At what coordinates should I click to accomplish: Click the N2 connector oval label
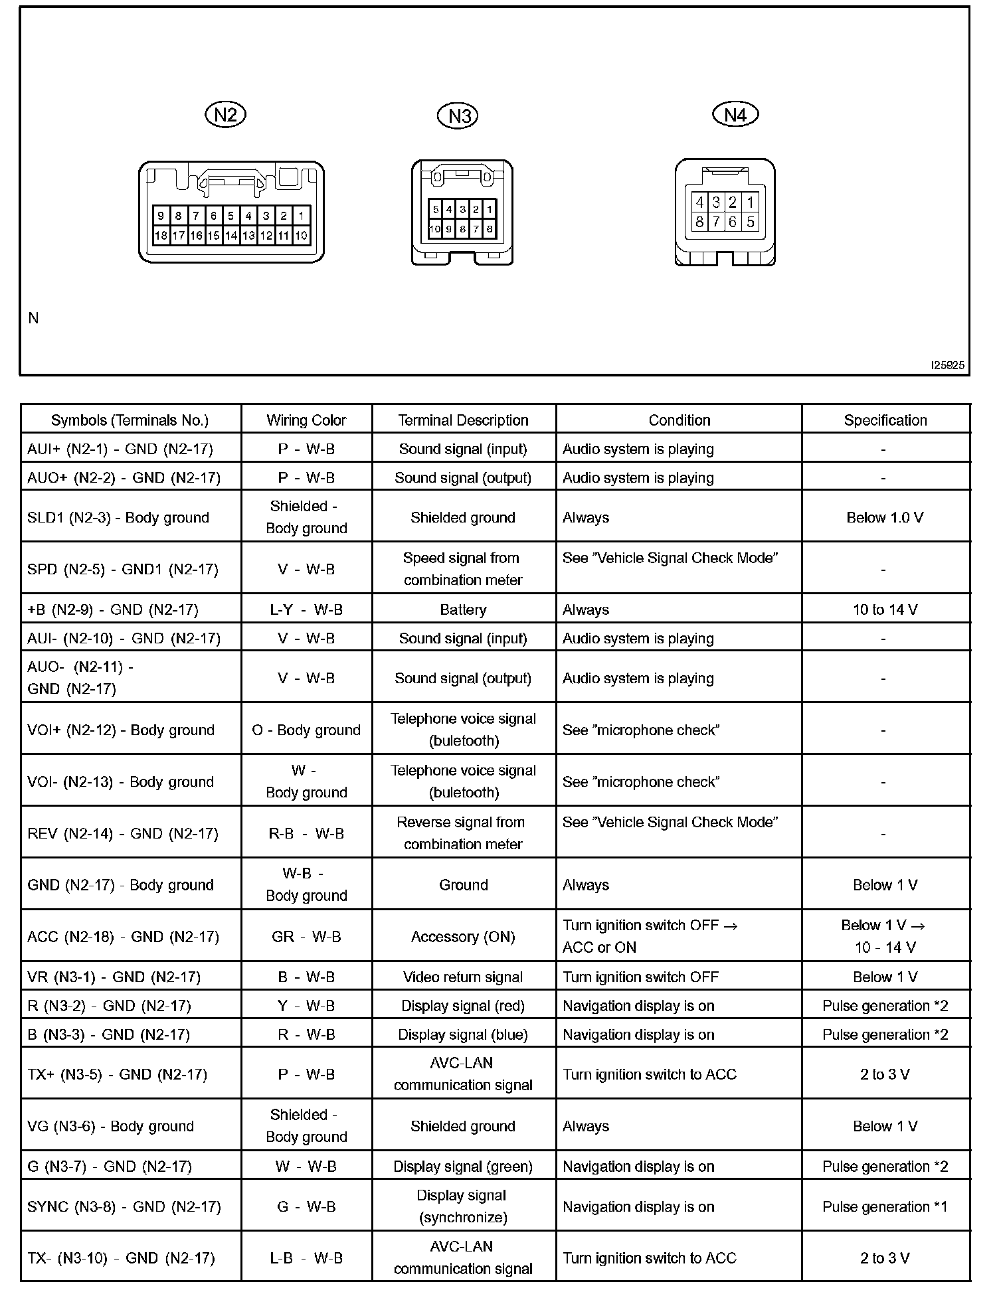[x=225, y=115]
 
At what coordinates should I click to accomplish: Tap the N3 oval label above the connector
[x=458, y=116]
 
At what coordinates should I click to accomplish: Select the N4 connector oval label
[x=735, y=115]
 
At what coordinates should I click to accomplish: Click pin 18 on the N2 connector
[x=161, y=235]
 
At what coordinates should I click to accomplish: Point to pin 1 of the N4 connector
[x=750, y=202]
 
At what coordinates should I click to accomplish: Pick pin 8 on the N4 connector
[x=699, y=222]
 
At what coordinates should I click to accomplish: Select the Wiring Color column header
[x=306, y=420]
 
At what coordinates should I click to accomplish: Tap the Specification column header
[x=885, y=420]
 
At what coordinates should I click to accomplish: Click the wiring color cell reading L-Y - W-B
[x=306, y=609]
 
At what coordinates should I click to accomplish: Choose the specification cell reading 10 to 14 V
[x=885, y=609]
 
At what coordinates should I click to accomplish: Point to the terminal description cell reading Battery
[x=463, y=609]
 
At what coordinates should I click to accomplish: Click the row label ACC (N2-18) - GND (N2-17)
[x=124, y=937]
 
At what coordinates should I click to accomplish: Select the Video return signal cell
[x=463, y=977]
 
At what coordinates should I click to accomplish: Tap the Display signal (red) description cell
[x=463, y=1006]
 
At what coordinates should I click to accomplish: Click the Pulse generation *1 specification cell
[x=885, y=1206]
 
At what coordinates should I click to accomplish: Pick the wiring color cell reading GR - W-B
[x=306, y=937]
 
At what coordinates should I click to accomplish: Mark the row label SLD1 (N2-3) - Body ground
[x=118, y=518]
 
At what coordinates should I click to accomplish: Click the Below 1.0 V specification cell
[x=885, y=518]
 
